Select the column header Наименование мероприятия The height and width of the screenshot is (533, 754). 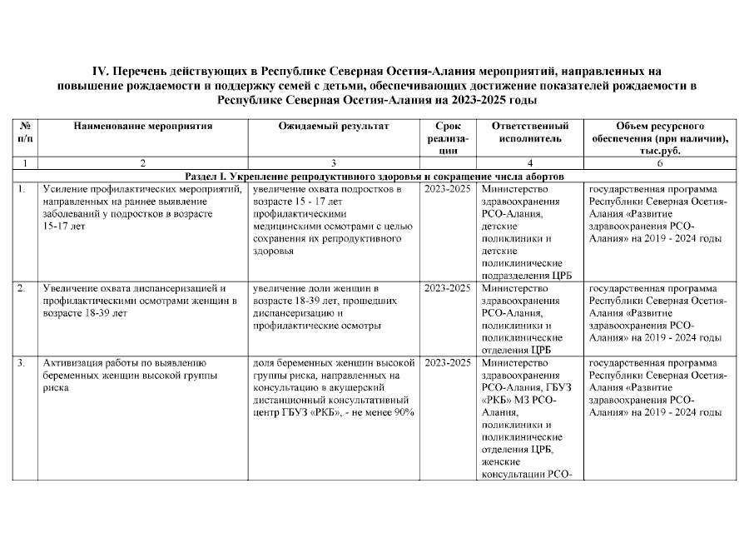(143, 126)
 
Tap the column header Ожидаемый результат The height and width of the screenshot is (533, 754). (334, 126)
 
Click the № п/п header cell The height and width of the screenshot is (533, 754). (25, 132)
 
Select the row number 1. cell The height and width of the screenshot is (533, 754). (22, 190)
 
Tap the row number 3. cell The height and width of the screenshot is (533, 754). (22, 363)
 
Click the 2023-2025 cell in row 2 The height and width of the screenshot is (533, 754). (448, 288)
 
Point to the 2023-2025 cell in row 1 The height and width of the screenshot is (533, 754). (448, 190)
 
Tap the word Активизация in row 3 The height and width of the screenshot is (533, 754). (74, 363)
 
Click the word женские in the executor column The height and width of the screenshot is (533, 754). (499, 463)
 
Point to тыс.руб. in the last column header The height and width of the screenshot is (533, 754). (660, 151)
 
